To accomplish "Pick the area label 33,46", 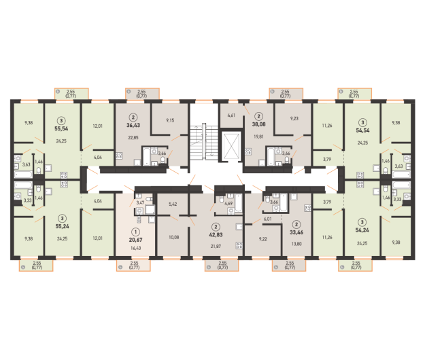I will click(x=295, y=231).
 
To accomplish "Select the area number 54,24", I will click(x=363, y=230).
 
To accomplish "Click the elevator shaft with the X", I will click(x=232, y=146).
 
